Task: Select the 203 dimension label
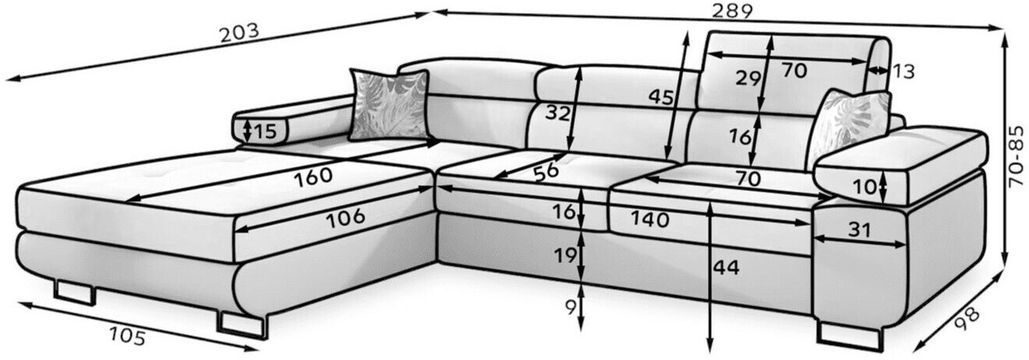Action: (x=239, y=34)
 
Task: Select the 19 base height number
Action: (x=567, y=254)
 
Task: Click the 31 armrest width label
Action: (x=859, y=231)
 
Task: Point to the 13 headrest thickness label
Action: (x=903, y=72)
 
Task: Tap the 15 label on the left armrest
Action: (x=264, y=132)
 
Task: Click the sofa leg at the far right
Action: (x=848, y=334)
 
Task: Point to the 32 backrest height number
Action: (x=557, y=113)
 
